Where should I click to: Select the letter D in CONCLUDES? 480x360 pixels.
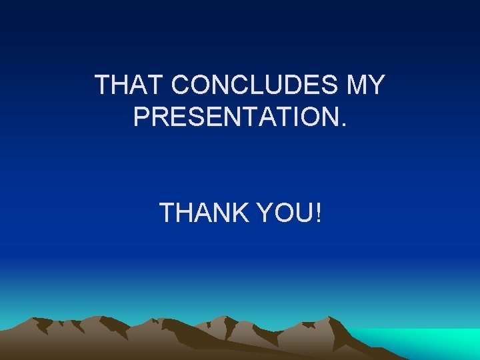coord(291,85)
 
